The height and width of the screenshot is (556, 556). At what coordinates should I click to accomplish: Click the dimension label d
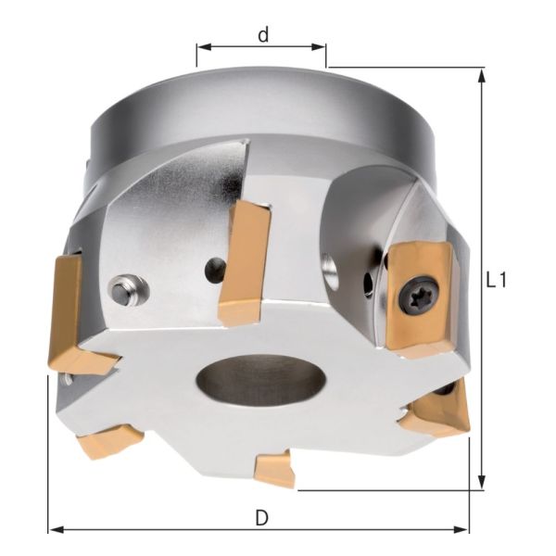pos(263,35)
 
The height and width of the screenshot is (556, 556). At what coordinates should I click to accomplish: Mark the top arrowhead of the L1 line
pos(481,74)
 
